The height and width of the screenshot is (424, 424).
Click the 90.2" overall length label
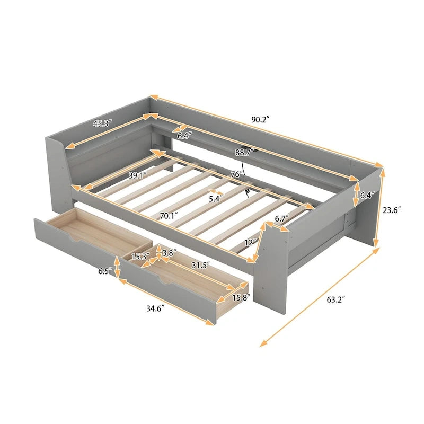261,120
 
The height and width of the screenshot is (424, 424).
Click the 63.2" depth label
335,300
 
